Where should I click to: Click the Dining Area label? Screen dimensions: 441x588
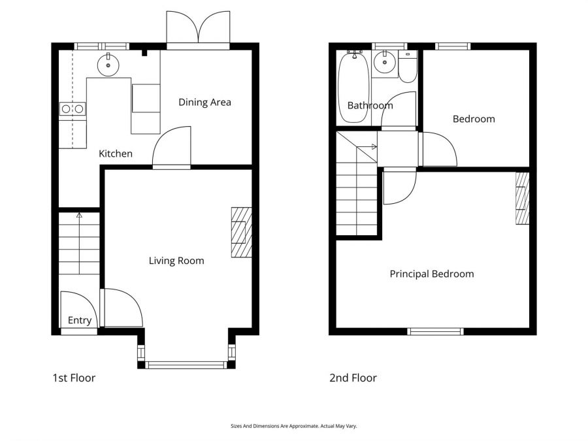[204, 102]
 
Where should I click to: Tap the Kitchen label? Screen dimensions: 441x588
[116, 154]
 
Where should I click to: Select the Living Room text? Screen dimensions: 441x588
[176, 261]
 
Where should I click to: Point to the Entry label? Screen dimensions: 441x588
[80, 320]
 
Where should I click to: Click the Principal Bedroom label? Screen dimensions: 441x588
[432, 274]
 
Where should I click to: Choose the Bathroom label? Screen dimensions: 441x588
[370, 105]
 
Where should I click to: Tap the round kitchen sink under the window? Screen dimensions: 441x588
[106, 64]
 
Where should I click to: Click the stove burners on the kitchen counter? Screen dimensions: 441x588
[72, 109]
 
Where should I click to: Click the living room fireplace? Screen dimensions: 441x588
[241, 233]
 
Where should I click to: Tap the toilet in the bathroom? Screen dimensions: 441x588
[408, 67]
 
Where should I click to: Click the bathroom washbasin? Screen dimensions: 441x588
[384, 64]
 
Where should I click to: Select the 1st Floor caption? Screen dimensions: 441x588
[74, 378]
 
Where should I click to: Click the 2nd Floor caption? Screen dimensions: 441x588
[353, 378]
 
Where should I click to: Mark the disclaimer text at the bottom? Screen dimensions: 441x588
[294, 426]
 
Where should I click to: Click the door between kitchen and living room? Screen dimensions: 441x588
[171, 149]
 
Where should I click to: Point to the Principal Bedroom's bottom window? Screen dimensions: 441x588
[435, 331]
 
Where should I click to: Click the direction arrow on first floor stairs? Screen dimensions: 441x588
[80, 214]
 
